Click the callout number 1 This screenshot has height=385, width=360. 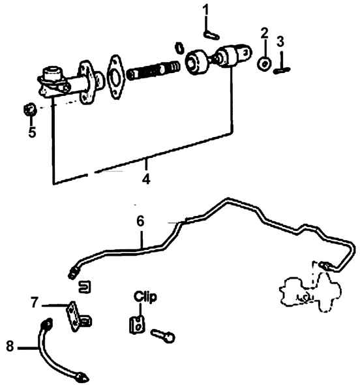[x=206, y=10]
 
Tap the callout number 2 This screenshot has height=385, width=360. [x=265, y=33]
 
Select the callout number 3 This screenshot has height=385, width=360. [x=280, y=41]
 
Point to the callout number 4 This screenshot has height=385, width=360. [x=146, y=179]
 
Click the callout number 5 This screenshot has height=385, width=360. [x=32, y=132]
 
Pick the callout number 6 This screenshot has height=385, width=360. [x=140, y=221]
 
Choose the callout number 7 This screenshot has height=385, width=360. [x=35, y=302]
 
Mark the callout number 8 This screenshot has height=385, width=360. [x=10, y=346]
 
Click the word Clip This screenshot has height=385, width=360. [x=145, y=297]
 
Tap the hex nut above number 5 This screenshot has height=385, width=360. [x=31, y=110]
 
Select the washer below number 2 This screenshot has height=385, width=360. [x=264, y=63]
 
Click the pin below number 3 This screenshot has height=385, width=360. [x=282, y=70]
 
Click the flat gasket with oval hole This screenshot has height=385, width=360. [x=115, y=76]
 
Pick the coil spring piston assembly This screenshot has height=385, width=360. [x=153, y=70]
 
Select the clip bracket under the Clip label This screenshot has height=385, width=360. [x=137, y=325]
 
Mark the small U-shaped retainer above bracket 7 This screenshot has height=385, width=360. [x=85, y=286]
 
